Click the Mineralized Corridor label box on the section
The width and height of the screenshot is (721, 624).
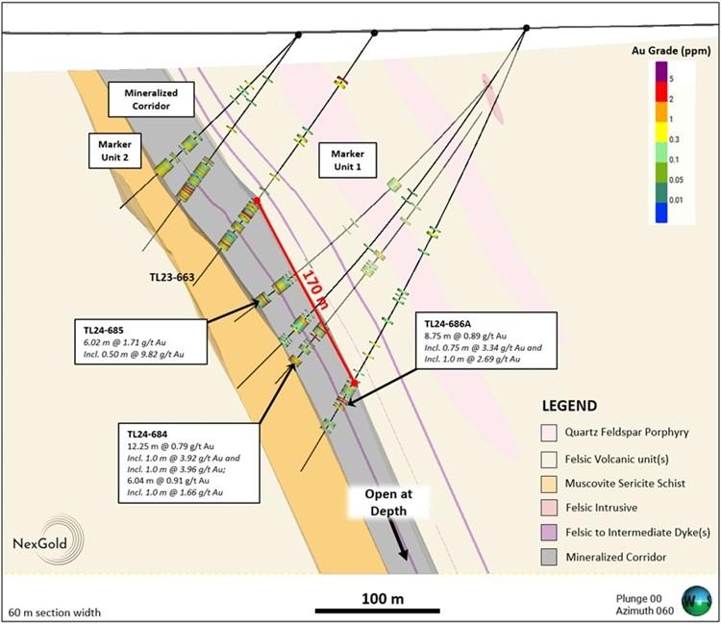tap(151, 99)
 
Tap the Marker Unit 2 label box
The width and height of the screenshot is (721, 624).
tap(114, 151)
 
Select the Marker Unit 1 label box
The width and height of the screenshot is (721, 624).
tap(348, 160)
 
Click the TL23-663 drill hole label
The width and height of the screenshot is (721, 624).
tap(172, 277)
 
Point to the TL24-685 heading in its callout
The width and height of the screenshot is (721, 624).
tap(104, 330)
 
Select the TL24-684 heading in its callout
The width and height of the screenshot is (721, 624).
tap(147, 434)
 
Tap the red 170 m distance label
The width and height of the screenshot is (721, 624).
tap(315, 289)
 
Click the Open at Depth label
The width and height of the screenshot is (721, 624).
tap(388, 503)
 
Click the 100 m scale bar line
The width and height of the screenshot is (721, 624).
tap(378, 612)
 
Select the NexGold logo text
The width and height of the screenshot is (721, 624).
tap(39, 543)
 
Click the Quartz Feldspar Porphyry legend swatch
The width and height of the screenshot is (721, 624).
tap(549, 433)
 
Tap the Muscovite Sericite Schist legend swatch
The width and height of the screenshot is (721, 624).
tap(549, 484)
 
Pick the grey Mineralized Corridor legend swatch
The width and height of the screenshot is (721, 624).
tap(549, 558)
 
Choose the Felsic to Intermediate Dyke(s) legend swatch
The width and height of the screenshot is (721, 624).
tap(549, 533)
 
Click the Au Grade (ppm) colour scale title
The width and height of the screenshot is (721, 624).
tap(671, 51)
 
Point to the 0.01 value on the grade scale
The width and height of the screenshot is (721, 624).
tap(676, 200)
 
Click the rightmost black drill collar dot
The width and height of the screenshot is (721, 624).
tap(527, 28)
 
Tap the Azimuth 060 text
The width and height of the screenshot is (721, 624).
tap(645, 611)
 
